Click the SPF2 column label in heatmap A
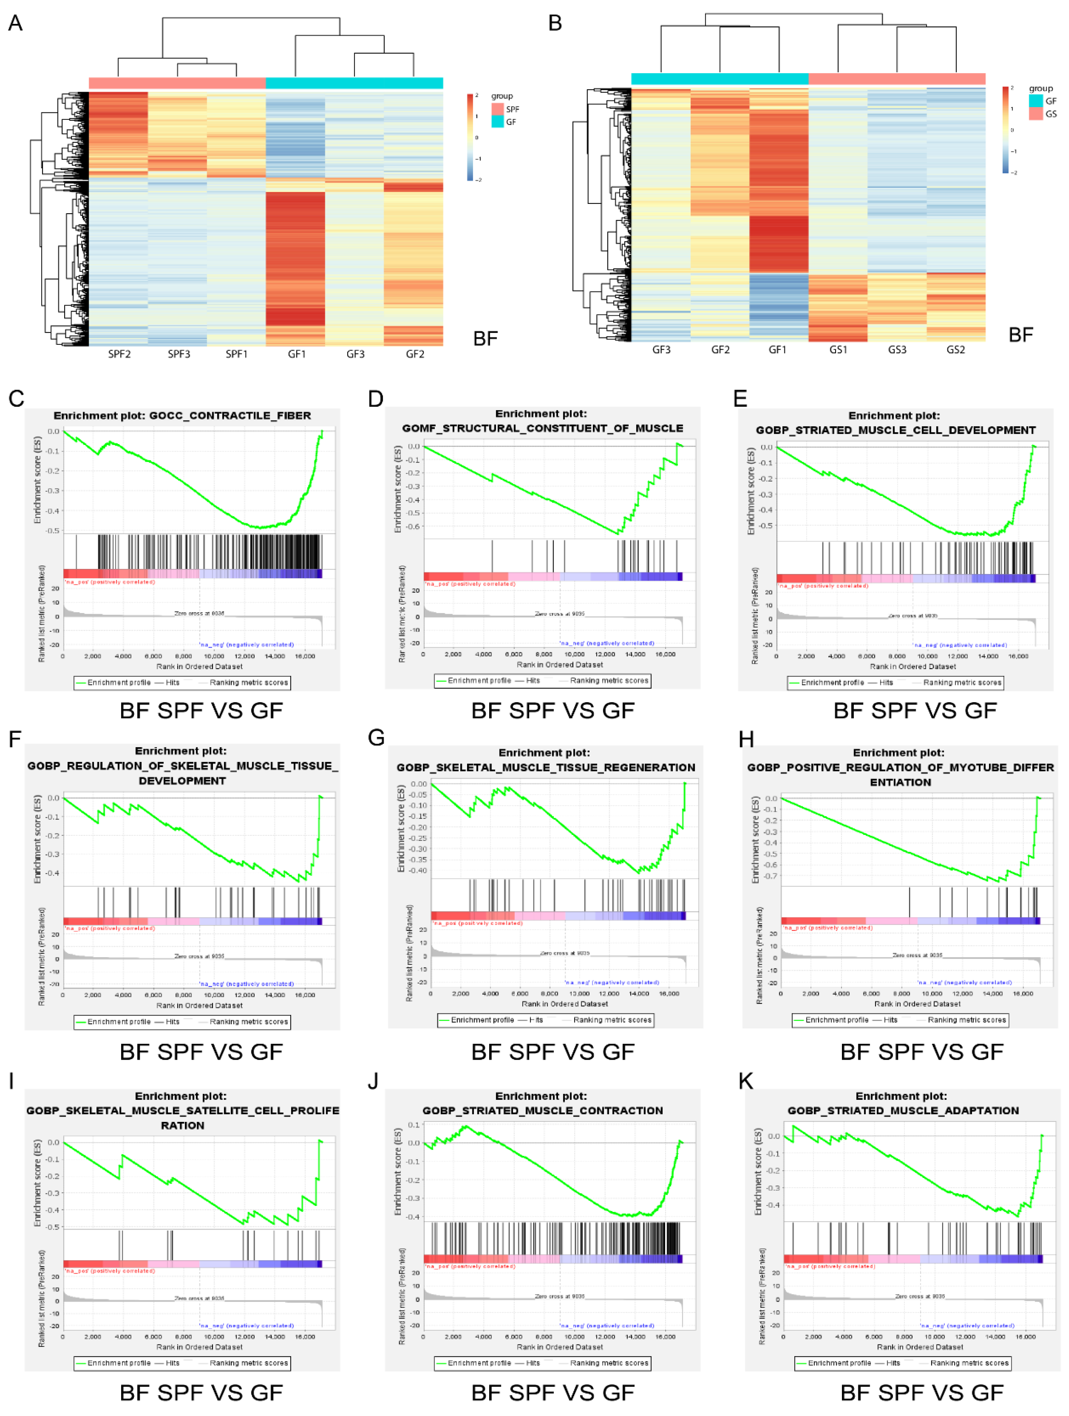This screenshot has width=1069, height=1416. click(x=119, y=354)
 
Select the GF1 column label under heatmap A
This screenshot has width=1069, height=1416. click(x=296, y=354)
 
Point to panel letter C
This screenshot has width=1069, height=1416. click(x=16, y=399)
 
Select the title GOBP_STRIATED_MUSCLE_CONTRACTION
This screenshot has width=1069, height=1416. click(x=542, y=1111)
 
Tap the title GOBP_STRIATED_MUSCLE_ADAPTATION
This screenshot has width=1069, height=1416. click(x=902, y=1111)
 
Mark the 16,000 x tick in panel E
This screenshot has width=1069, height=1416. click(x=1018, y=656)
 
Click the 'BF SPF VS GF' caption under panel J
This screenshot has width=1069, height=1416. click(x=553, y=1392)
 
